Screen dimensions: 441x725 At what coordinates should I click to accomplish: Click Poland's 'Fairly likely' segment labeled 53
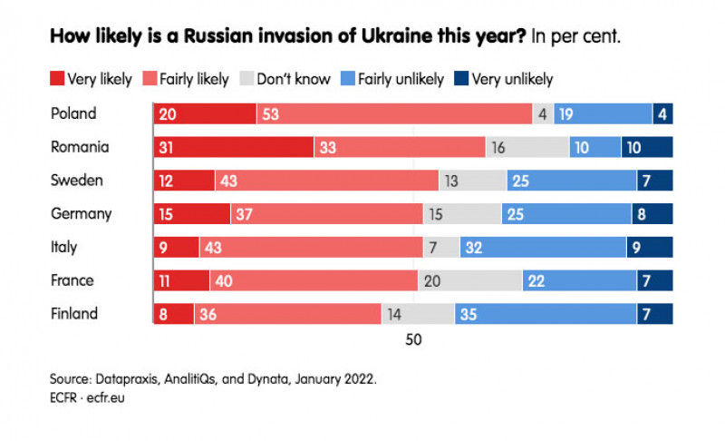pyautogui.click(x=394, y=114)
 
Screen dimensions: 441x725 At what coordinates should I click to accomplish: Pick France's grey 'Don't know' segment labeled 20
pyautogui.click(x=469, y=281)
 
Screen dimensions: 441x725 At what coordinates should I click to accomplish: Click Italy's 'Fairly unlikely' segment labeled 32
pyautogui.click(x=543, y=248)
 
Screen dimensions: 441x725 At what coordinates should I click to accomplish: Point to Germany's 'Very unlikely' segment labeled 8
pyautogui.click(x=652, y=214)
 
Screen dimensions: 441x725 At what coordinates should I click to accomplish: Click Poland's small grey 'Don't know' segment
pyautogui.click(x=543, y=114)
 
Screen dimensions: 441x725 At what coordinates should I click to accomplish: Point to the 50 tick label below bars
pyautogui.click(x=413, y=340)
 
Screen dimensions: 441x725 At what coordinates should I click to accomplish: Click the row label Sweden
pyautogui.click(x=77, y=181)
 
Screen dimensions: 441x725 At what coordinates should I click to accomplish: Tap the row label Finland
pyautogui.click(x=74, y=314)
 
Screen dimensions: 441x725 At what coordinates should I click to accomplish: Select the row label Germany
pyautogui.click(x=82, y=214)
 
